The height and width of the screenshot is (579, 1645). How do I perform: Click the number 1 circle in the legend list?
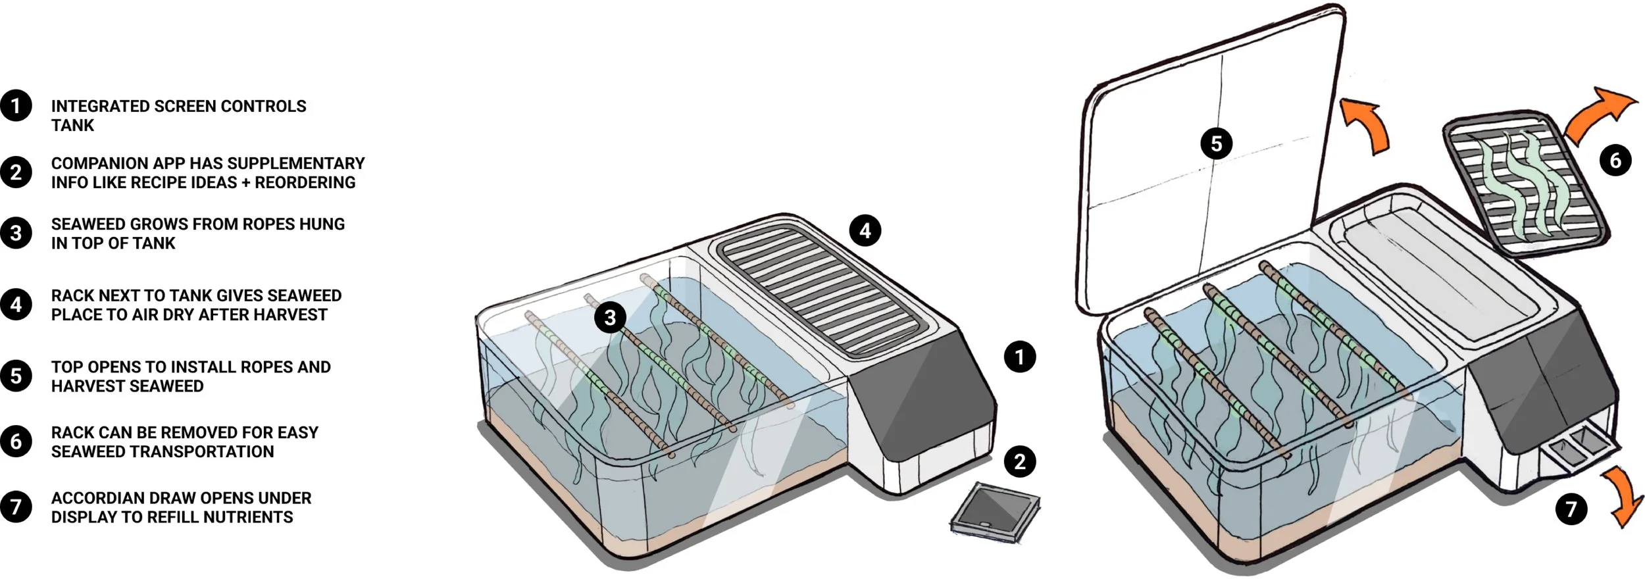[16, 106]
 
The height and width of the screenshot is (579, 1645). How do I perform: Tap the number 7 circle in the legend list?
[16, 507]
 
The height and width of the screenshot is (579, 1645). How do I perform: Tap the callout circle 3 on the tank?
[610, 318]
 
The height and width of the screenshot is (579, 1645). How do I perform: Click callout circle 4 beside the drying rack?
[865, 230]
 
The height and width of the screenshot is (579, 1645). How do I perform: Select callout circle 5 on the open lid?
[1216, 143]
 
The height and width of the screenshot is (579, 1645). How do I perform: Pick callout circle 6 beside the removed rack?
[1615, 160]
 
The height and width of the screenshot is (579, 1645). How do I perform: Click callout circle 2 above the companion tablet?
[1020, 461]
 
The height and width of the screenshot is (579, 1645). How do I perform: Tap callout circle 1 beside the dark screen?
[1020, 357]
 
